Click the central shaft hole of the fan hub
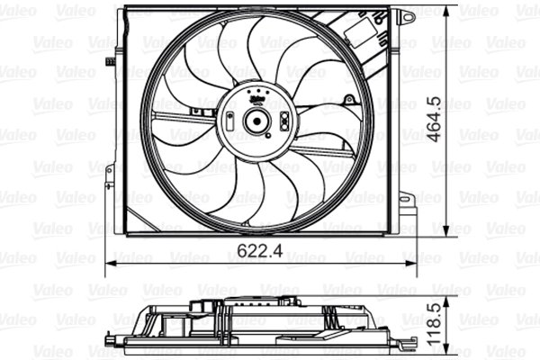pos(256,121)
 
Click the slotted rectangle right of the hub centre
pos(284,121)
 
